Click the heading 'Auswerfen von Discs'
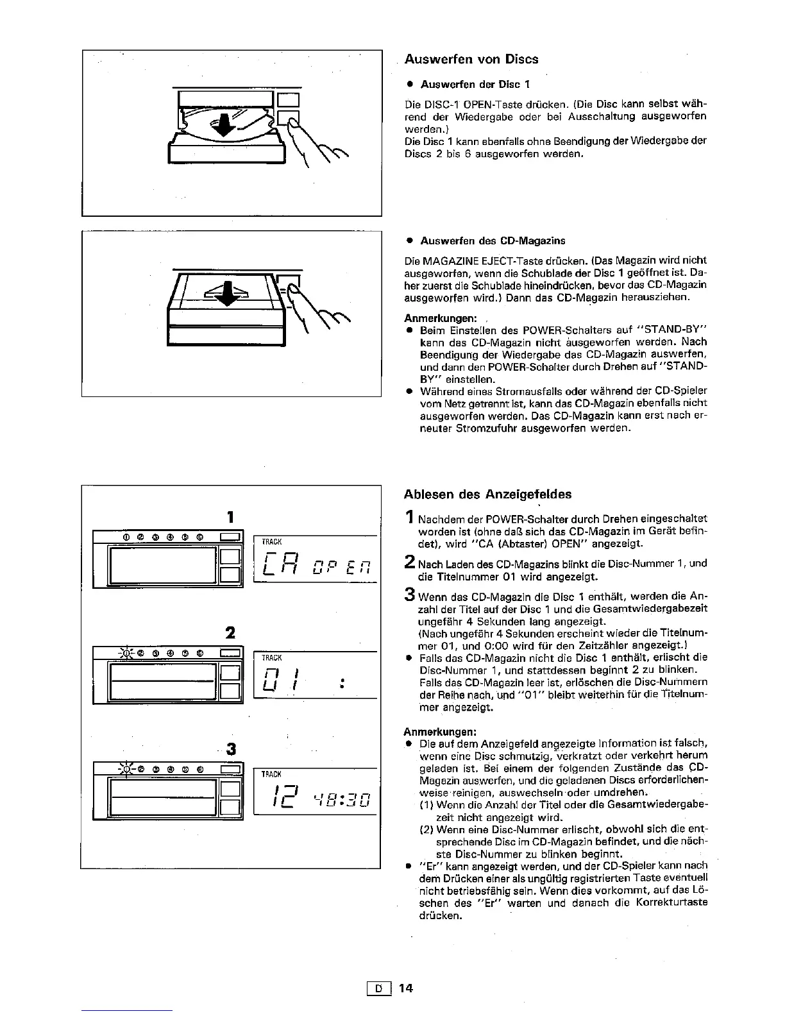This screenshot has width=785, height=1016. pos(471,59)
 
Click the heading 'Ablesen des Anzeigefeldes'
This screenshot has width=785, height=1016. pos(487,494)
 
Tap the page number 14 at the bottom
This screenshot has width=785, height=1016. pos(405,988)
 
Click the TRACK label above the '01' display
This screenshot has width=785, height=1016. pos(272,658)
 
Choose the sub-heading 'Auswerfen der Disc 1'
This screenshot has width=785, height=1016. pos(475,85)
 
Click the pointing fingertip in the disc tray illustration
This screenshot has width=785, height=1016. pos(294,122)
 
